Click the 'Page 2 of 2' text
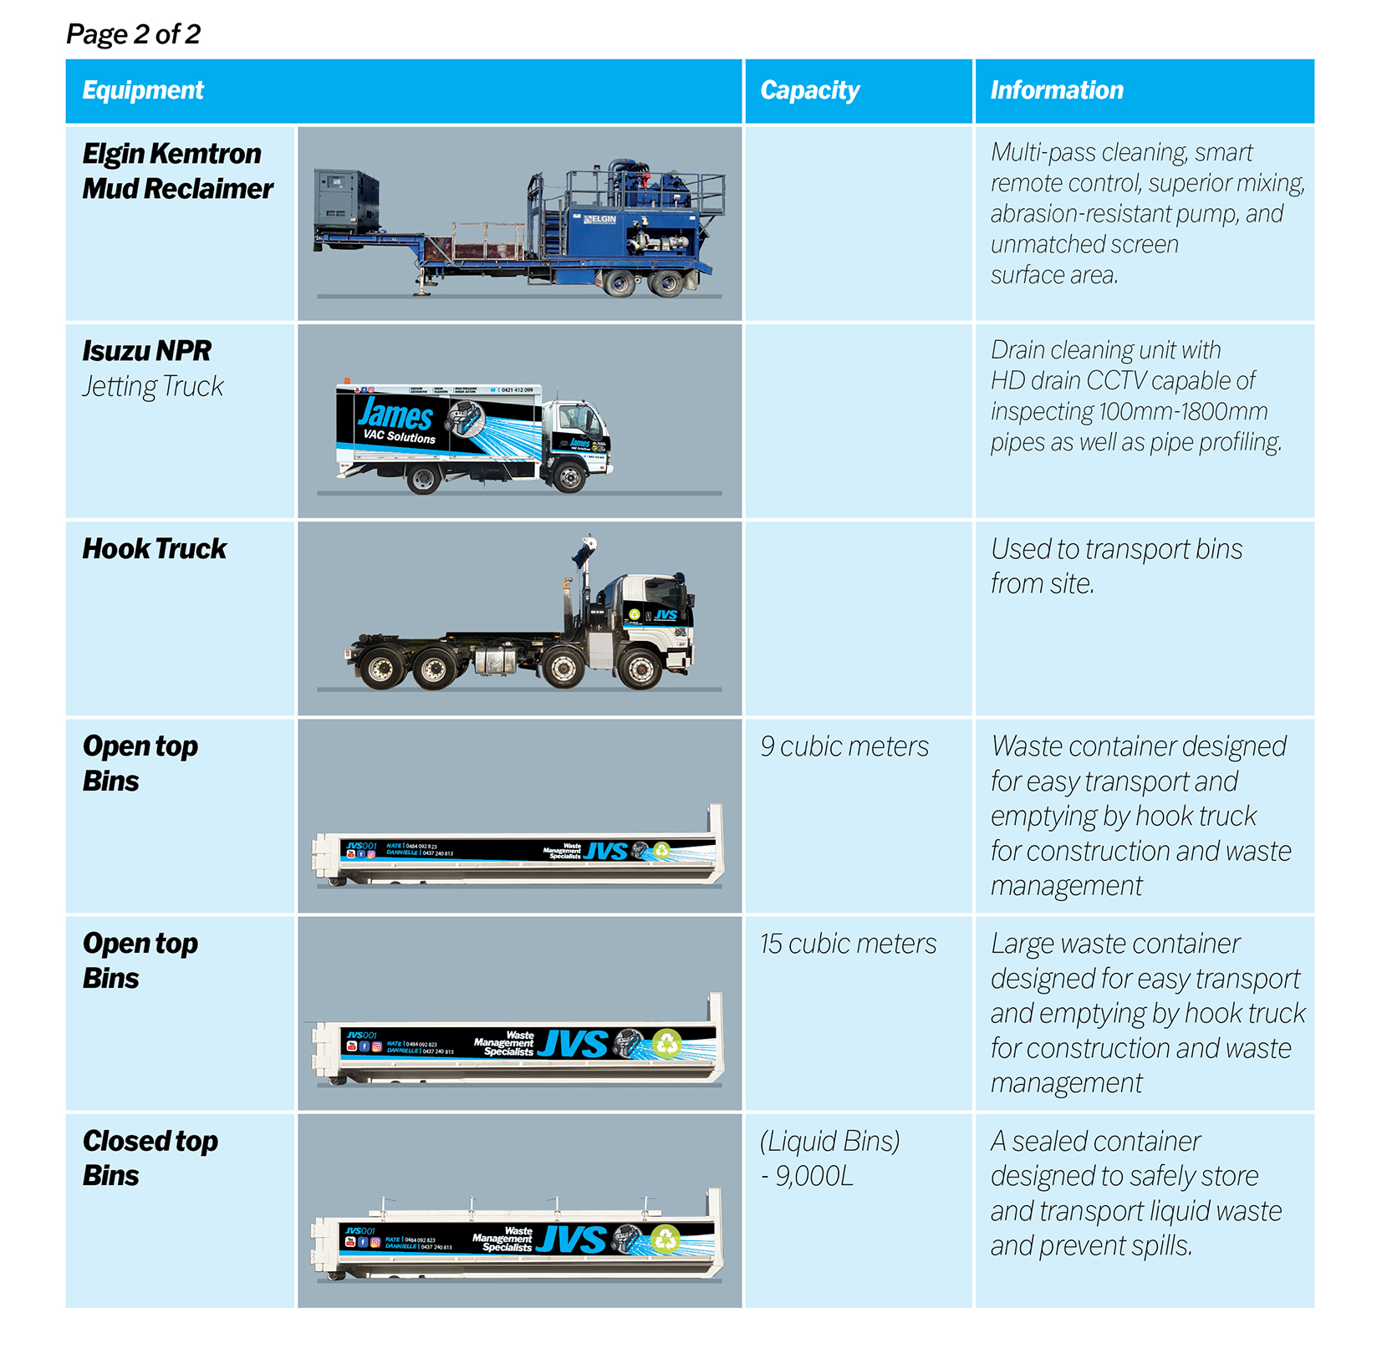pyautogui.click(x=133, y=34)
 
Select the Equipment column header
pyautogui.click(x=143, y=90)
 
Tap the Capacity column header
pyautogui.click(x=809, y=90)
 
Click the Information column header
pyautogui.click(x=1057, y=90)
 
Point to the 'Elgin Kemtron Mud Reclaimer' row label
pyautogui.click(x=177, y=171)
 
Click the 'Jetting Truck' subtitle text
pyautogui.click(x=153, y=386)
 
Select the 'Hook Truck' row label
pyautogui.click(x=155, y=548)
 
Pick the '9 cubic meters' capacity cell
pyautogui.click(x=844, y=746)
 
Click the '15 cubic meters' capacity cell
pyautogui.click(x=848, y=944)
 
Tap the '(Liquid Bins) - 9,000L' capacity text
pyautogui.click(x=829, y=1158)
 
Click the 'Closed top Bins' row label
pyautogui.click(x=150, y=1158)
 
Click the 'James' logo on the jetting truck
pyautogui.click(x=395, y=415)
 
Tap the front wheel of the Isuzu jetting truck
pyautogui.click(x=571, y=478)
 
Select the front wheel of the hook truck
pyautogui.click(x=640, y=669)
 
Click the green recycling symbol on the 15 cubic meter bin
pyautogui.click(x=667, y=1043)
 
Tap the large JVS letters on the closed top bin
pyautogui.click(x=572, y=1239)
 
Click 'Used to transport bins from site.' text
pyautogui.click(x=1116, y=566)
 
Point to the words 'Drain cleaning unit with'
pyautogui.click(x=1105, y=349)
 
